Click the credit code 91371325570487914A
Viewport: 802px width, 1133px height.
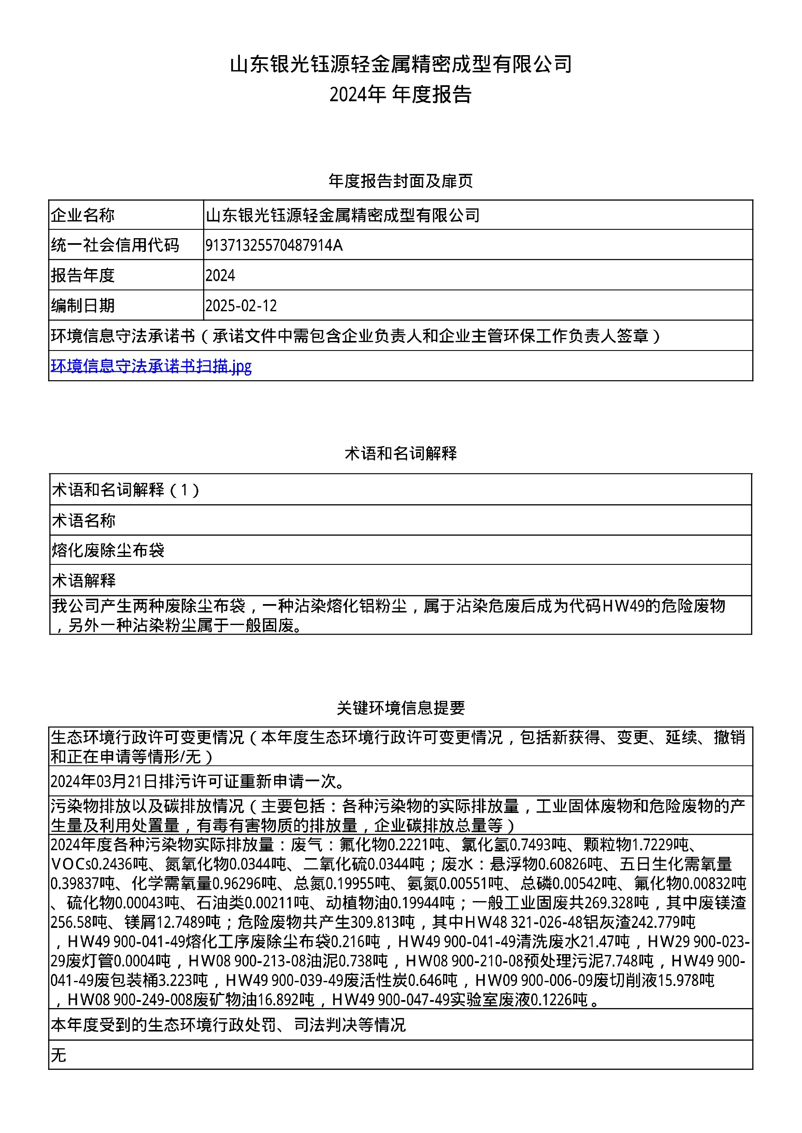[x=274, y=245]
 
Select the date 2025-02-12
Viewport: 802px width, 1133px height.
[x=241, y=305]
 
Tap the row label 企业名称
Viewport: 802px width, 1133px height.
[x=82, y=215]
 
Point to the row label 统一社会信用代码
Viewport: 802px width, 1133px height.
[x=115, y=245]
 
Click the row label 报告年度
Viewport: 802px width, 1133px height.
[x=82, y=275]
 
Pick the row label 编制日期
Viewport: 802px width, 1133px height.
[x=82, y=305]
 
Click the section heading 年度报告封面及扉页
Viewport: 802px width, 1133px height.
[x=400, y=181]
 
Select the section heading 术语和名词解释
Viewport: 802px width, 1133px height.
[x=400, y=453]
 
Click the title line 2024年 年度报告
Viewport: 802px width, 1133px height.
[x=400, y=94]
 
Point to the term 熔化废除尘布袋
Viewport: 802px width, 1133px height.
[x=108, y=550]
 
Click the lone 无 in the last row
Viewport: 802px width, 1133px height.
[x=58, y=1055]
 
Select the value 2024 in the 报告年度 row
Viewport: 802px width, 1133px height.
[x=220, y=275]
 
